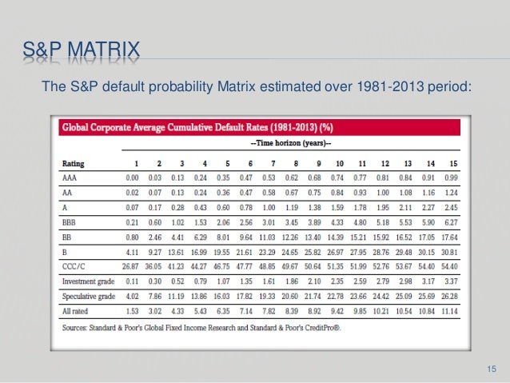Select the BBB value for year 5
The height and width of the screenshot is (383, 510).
pyautogui.click(x=224, y=221)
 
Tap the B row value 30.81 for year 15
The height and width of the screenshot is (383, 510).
pyautogui.click(x=452, y=251)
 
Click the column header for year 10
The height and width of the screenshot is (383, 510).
pyautogui.click(x=337, y=162)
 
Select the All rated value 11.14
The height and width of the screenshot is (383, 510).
pyautogui.click(x=452, y=310)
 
